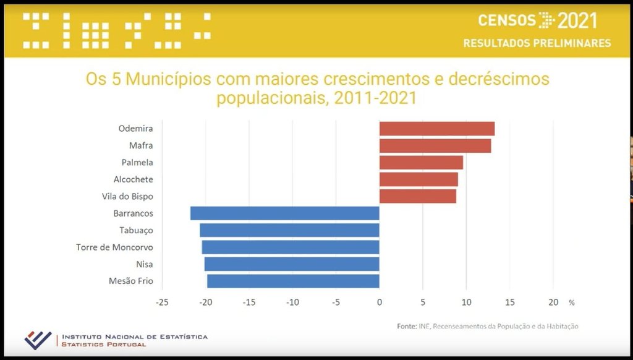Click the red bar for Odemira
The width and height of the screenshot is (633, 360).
436,129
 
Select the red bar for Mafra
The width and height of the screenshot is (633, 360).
435,145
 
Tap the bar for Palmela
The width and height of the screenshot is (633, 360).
421,162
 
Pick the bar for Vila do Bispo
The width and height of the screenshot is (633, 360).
417,196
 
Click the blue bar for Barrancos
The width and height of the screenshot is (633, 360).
284,213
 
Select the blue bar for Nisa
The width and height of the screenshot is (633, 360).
291,264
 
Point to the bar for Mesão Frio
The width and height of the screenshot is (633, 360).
292,281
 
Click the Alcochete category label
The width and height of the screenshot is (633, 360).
133,179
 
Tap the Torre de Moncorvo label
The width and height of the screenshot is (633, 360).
114,247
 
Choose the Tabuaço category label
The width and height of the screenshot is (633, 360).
136,230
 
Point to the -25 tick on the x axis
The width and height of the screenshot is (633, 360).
162,302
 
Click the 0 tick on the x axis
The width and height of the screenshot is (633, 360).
379,302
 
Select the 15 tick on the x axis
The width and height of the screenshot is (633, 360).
509,302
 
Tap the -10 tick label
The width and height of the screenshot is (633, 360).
292,302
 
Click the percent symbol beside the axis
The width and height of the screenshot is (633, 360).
572,303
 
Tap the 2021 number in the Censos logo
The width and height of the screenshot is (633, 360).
577,20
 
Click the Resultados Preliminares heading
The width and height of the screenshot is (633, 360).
537,43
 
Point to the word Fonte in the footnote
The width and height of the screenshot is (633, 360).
406,326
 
